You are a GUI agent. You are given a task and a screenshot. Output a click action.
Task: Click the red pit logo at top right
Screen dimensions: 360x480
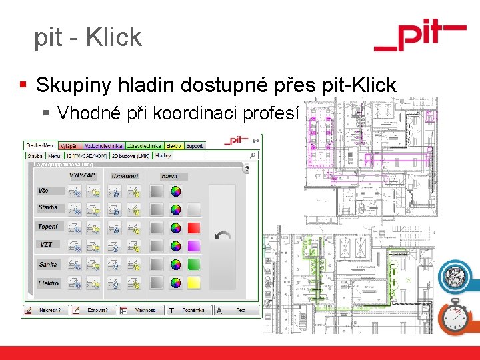click(419, 36)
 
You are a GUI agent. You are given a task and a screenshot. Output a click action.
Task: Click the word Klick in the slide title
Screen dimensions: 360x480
click(114, 37)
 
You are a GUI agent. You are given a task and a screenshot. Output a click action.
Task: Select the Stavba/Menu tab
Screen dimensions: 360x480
click(41, 145)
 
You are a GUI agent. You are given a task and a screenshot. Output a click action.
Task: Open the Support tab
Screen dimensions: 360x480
click(194, 145)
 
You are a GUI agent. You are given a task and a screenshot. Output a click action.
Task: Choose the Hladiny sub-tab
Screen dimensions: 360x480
click(163, 155)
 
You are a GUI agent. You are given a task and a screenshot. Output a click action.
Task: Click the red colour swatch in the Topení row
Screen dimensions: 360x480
click(193, 227)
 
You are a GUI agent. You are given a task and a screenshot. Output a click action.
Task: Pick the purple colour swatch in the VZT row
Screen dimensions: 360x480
click(193, 246)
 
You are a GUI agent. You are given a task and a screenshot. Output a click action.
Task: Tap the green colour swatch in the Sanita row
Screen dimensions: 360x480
click(193, 265)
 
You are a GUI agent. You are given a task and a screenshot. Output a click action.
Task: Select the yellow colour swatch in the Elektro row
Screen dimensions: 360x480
click(193, 283)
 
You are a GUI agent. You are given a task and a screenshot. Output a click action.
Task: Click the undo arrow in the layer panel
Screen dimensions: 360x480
click(224, 236)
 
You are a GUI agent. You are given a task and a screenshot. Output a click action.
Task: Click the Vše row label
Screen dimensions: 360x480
click(43, 191)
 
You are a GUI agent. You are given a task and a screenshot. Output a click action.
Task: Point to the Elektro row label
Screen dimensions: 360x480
click(49, 283)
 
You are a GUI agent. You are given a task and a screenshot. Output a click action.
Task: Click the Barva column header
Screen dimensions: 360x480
click(170, 176)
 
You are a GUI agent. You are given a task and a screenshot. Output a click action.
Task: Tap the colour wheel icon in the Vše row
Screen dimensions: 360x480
click(175, 191)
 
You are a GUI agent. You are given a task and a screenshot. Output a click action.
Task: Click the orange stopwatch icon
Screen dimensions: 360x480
click(457, 316)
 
